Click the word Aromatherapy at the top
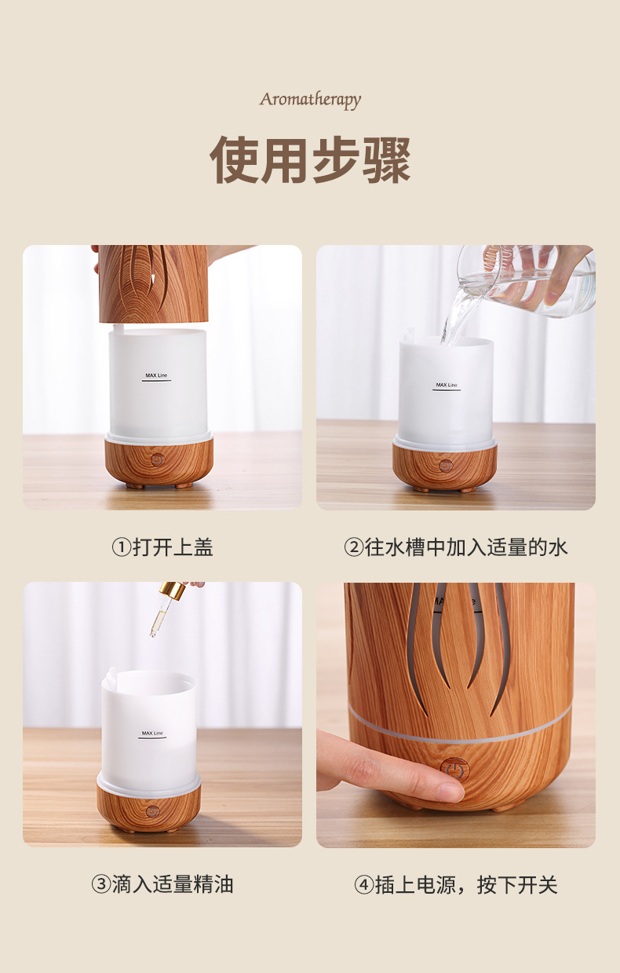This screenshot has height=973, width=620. click(x=310, y=100)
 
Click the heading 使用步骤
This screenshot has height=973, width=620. click(x=310, y=160)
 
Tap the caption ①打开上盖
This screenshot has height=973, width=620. click(x=162, y=547)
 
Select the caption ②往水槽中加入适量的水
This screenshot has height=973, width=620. click(x=456, y=547)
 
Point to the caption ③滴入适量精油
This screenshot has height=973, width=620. click(x=162, y=884)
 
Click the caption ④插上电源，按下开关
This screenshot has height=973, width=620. click(x=456, y=884)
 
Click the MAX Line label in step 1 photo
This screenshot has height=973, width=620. click(x=156, y=376)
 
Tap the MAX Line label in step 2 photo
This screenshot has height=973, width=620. click(x=447, y=386)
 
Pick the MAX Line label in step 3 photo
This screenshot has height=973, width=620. click(x=152, y=733)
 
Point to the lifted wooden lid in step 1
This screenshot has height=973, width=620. click(x=154, y=283)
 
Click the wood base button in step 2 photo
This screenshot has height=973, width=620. click(x=446, y=466)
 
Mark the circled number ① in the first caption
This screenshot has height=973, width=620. click(x=121, y=547)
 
